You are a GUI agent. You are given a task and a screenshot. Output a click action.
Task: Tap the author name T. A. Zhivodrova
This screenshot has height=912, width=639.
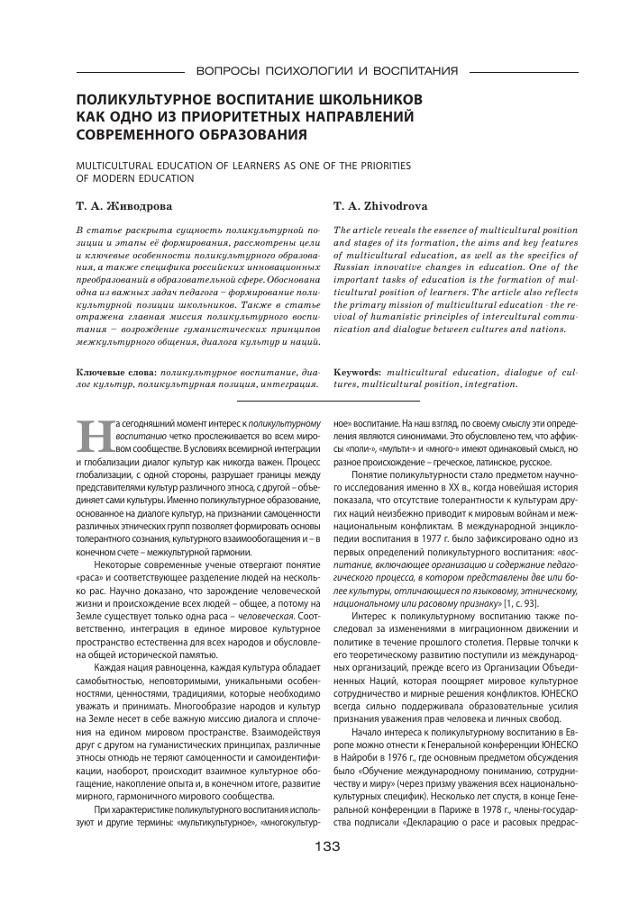click(x=380, y=205)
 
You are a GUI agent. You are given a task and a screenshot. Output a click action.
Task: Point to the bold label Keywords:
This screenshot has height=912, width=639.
click(x=358, y=371)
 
